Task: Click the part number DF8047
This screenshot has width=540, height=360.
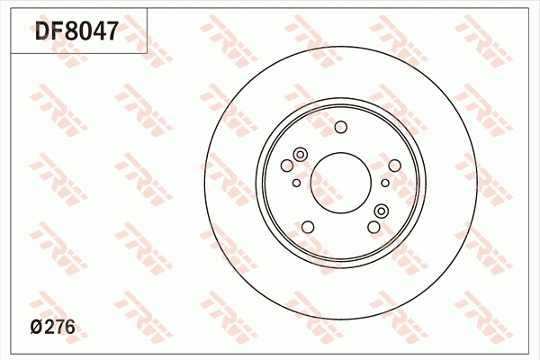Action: [76, 31]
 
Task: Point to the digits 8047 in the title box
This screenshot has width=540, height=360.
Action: [94, 31]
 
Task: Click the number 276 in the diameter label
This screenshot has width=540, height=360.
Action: [59, 328]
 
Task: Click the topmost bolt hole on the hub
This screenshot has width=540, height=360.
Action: [340, 127]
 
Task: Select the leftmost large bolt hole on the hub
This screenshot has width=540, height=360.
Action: [287, 166]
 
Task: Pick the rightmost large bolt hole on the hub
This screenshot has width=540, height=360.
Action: [394, 166]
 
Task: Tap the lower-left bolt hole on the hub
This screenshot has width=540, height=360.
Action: [307, 227]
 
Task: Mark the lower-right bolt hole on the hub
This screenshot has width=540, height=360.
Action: [373, 227]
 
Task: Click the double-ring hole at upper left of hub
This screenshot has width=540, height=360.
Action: [301, 154]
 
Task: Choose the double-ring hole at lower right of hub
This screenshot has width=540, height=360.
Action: [381, 211]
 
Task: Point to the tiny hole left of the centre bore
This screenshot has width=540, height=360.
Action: [296, 183]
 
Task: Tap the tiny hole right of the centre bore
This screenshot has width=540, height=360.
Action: [385, 183]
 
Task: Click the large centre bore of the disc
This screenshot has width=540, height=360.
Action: [340, 183]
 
